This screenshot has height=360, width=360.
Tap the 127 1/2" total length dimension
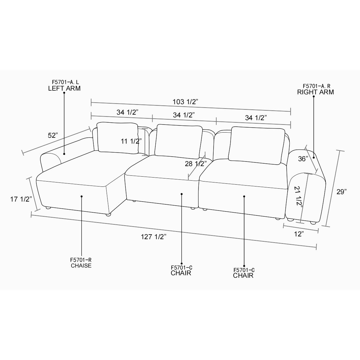pos(153,237)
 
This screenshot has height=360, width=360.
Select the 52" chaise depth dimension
pos(53,135)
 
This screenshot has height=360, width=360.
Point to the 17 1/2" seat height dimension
pos(21,199)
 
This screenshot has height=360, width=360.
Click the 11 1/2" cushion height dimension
pos(131,141)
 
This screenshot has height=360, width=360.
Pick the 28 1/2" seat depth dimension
pos(196,164)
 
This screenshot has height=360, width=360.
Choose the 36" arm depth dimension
pos(303,159)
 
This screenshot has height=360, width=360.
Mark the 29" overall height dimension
pos(342,192)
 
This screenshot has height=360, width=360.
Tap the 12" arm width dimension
pos(299,234)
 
